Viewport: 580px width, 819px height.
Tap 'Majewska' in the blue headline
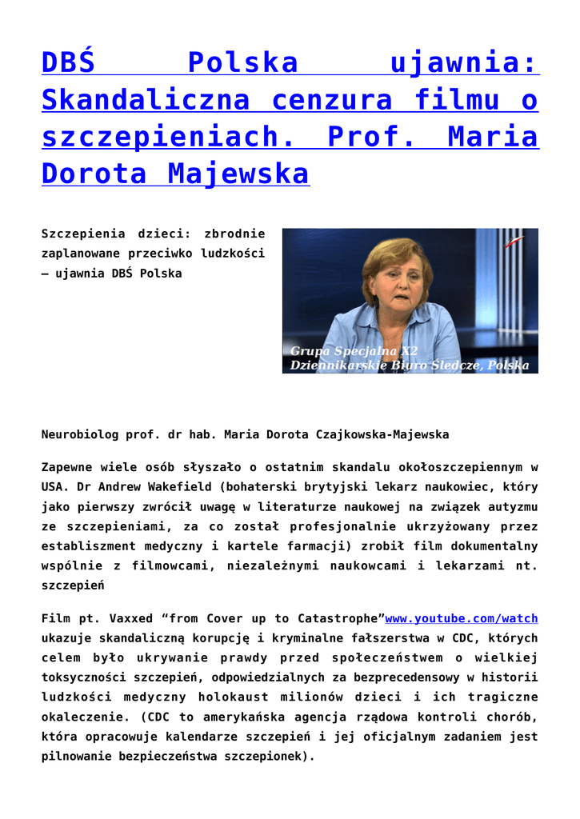click(x=237, y=174)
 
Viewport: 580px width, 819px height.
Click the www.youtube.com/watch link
click(x=462, y=618)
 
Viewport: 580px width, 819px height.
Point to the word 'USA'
click(x=51, y=487)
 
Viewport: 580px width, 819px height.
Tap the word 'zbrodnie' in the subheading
click(x=234, y=234)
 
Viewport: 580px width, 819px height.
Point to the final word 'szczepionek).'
click(x=270, y=756)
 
